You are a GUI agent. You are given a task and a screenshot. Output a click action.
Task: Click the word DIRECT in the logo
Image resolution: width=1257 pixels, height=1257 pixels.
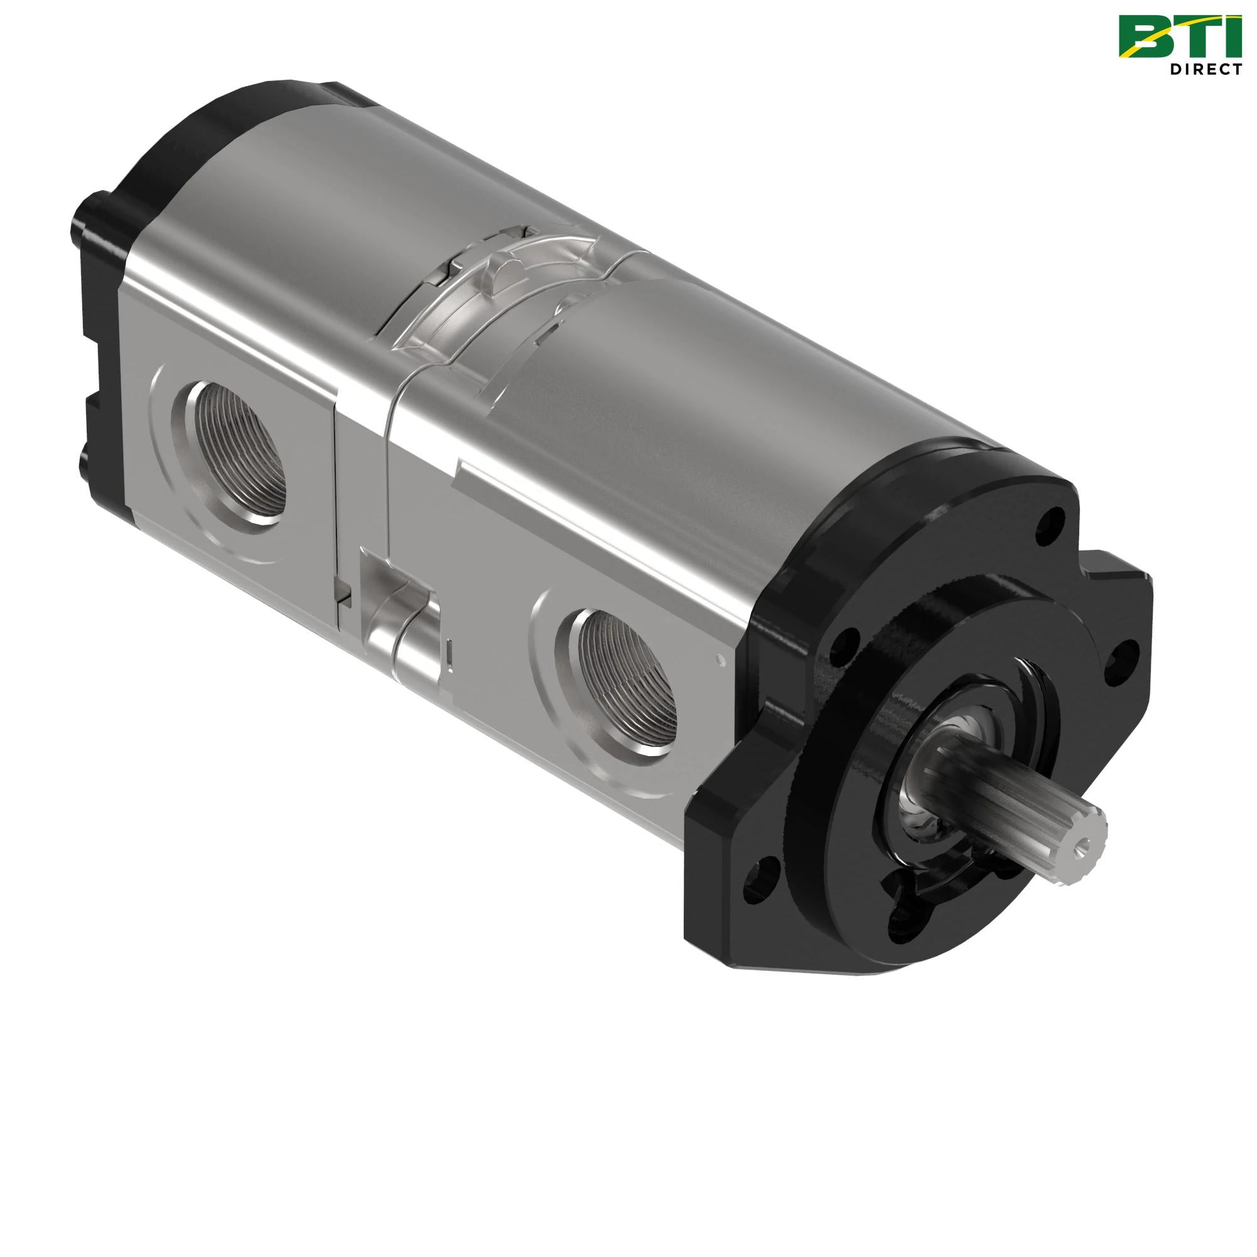point(1205,69)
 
